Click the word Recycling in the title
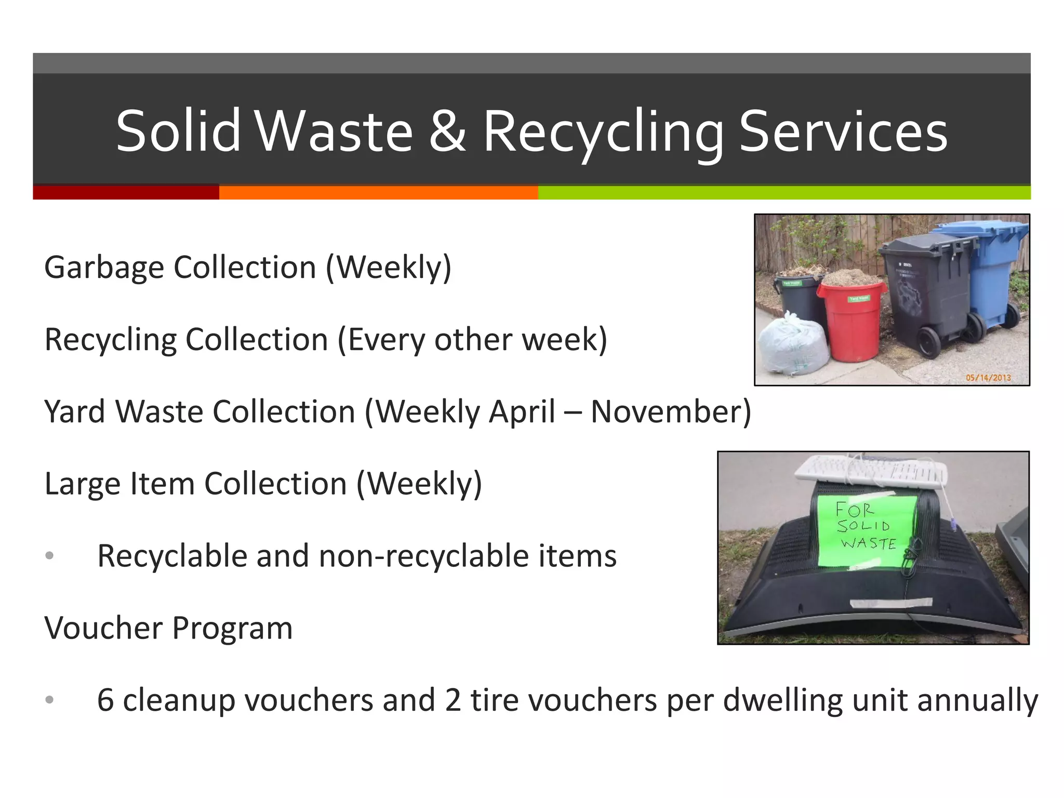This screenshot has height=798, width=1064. (603, 131)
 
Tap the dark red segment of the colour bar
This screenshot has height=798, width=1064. (126, 192)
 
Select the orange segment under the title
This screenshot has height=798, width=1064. (378, 192)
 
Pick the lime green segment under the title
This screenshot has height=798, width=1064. (783, 192)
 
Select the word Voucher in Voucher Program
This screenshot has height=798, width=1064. (103, 628)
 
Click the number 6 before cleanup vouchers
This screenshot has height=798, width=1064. (105, 700)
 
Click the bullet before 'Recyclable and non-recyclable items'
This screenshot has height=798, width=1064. (49, 556)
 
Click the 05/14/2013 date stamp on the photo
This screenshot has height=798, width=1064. (988, 378)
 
